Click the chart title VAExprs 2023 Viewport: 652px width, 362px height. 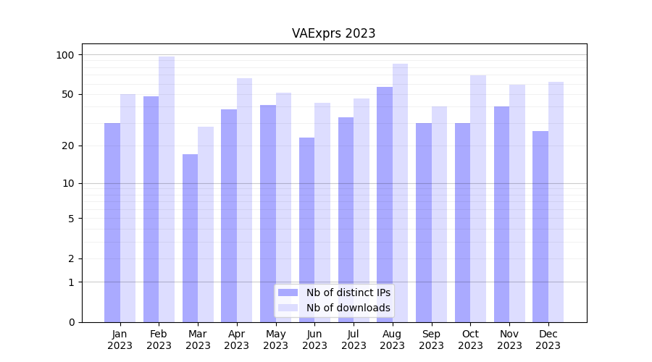(x=333, y=33)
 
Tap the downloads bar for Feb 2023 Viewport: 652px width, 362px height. (x=167, y=188)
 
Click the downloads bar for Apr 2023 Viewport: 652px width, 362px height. (x=244, y=200)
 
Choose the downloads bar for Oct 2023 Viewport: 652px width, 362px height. (x=478, y=198)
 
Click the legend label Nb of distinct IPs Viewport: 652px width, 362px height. (x=348, y=292)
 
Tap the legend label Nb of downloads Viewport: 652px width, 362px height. (x=348, y=308)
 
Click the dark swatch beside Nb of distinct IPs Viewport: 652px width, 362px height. (x=288, y=292)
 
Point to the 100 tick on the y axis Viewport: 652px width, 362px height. (x=65, y=55)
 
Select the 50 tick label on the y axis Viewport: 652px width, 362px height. (x=67, y=94)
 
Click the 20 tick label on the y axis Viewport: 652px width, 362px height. (x=67, y=146)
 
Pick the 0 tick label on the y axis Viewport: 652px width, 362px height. (x=71, y=322)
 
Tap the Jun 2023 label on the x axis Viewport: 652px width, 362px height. (x=314, y=340)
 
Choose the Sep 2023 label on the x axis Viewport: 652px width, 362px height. (x=431, y=340)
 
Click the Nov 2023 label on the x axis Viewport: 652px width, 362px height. (x=509, y=340)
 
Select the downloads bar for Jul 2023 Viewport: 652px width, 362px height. (x=361, y=210)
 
